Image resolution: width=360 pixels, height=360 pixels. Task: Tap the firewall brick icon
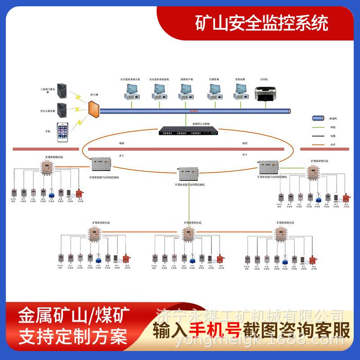(x=94, y=109)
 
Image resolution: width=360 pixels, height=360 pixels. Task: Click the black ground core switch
(x=186, y=131)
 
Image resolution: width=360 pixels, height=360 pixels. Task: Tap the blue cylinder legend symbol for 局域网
(x=318, y=118)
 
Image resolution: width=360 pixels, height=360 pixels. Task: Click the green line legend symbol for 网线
(x=318, y=127)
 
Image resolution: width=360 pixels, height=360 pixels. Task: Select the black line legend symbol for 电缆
(x=318, y=136)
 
